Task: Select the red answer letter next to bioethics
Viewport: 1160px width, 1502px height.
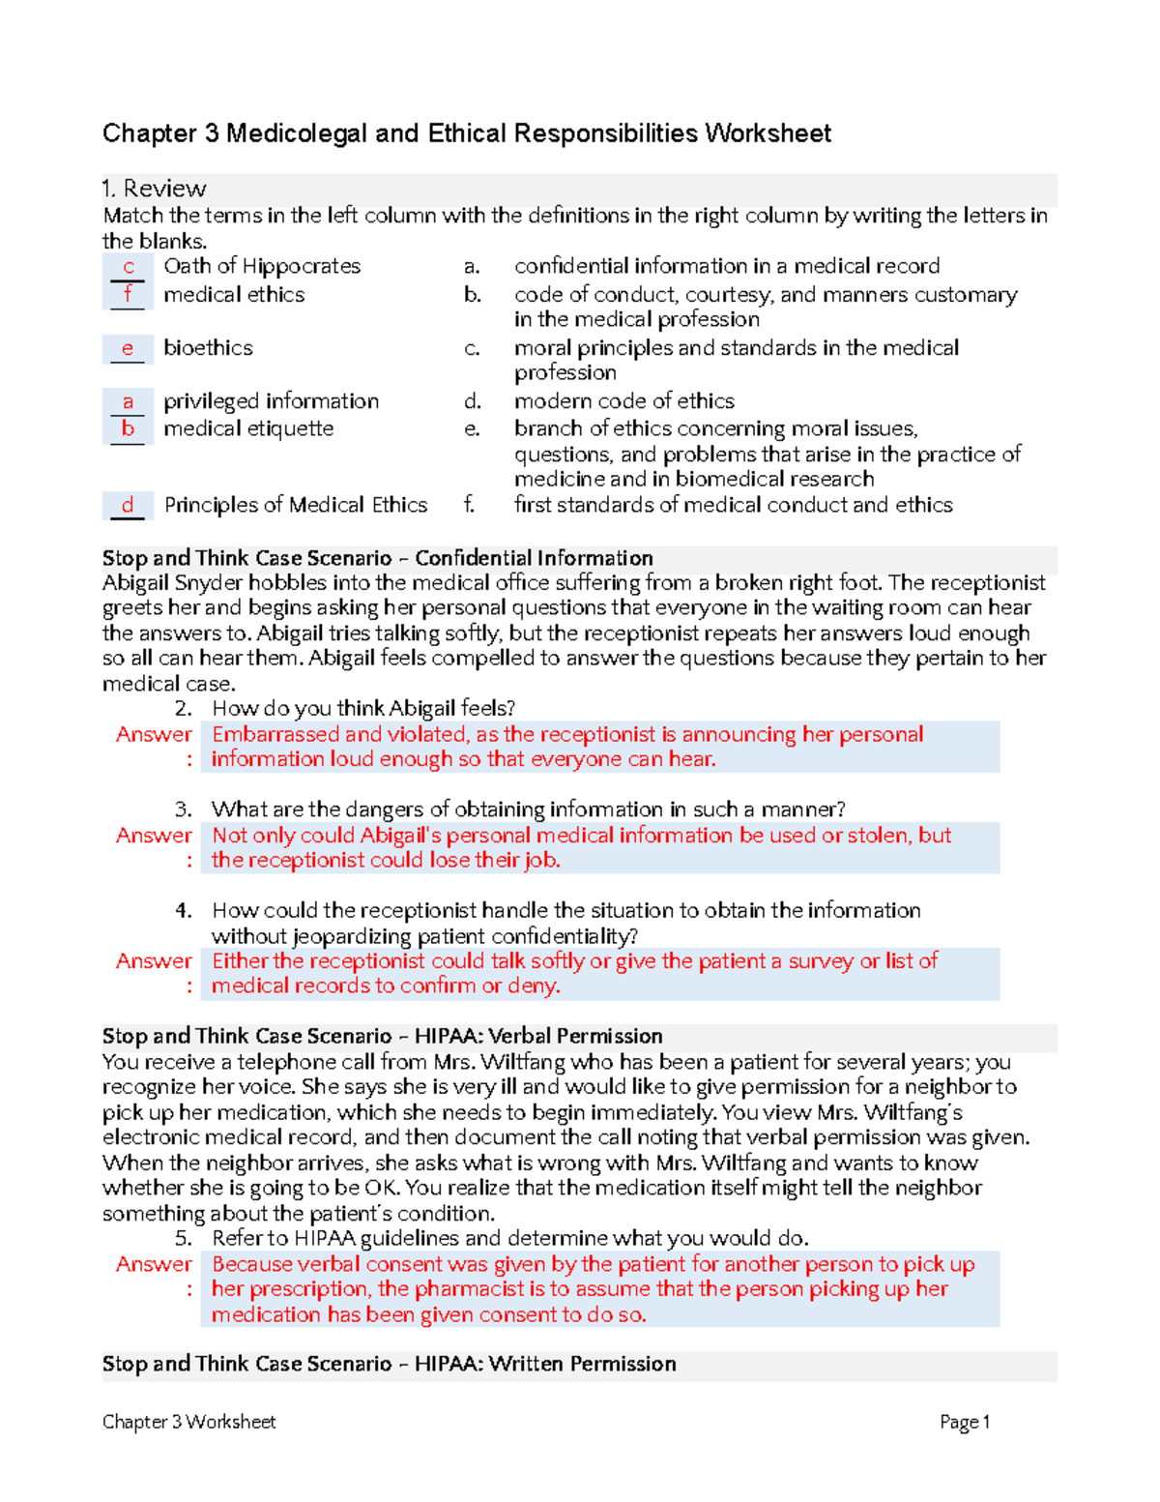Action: [127, 348]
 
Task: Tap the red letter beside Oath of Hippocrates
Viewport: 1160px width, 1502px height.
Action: [128, 267]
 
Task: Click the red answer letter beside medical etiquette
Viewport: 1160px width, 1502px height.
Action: [128, 428]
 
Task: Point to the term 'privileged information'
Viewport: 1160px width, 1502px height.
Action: [271, 401]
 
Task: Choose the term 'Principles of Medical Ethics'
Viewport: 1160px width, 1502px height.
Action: [295, 505]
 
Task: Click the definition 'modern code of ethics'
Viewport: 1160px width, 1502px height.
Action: [623, 401]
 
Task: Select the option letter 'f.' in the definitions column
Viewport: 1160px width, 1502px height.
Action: [470, 505]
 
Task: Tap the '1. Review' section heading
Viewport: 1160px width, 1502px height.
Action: [155, 189]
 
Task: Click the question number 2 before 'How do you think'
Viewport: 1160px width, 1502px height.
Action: [184, 709]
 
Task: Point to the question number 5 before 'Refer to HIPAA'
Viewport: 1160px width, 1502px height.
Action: [184, 1239]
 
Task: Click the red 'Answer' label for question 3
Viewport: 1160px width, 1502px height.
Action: [154, 836]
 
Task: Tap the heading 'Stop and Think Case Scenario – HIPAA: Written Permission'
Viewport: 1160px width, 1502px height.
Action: [389, 1364]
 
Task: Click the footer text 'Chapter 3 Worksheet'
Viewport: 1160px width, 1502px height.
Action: [189, 1422]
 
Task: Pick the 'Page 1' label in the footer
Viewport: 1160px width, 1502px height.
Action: [964, 1422]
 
